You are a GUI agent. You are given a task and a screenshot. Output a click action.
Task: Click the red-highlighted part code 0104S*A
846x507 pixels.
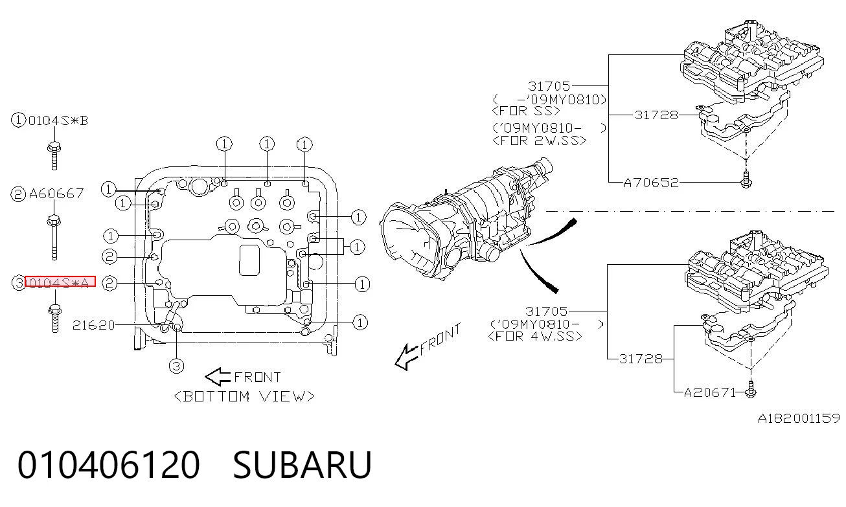[x=60, y=282]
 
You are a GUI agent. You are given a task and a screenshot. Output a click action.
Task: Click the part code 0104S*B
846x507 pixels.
[x=58, y=121]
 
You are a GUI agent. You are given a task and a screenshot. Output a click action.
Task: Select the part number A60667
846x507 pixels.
[x=56, y=194]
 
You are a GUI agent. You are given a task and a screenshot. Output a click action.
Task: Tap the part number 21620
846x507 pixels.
[x=93, y=325]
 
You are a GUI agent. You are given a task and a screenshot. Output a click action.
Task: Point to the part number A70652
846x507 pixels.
[x=651, y=183]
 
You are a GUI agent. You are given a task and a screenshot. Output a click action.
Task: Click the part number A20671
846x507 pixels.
[x=711, y=393]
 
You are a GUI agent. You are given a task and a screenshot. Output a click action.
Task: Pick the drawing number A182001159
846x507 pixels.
[x=799, y=418]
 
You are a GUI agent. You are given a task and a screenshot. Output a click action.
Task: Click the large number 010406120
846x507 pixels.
[x=109, y=465]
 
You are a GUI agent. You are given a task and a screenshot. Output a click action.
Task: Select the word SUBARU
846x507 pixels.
[x=303, y=465]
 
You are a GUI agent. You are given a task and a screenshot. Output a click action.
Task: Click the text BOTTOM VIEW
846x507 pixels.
[x=244, y=396]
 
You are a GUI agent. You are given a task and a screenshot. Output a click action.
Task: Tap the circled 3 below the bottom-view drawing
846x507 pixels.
[x=176, y=365]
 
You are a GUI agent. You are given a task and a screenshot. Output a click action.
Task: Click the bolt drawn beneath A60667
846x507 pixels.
[x=54, y=238]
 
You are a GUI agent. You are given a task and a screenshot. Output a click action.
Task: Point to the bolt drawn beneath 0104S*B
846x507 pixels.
[x=54, y=156]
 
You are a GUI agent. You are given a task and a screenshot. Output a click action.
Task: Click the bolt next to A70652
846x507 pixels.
[x=746, y=180]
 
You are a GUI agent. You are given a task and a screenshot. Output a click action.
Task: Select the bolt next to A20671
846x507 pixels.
[x=750, y=390]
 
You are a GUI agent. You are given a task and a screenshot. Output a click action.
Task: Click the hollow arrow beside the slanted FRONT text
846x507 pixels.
[x=406, y=357]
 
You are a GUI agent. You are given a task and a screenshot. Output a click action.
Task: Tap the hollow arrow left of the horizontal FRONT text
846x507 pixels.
[x=218, y=376]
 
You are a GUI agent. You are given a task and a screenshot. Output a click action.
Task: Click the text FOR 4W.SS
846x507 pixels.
[x=535, y=336]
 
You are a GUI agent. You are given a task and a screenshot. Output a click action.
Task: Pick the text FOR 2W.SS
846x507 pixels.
[x=540, y=141]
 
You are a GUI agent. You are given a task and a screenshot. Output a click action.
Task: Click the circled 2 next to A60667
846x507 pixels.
[x=17, y=194]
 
